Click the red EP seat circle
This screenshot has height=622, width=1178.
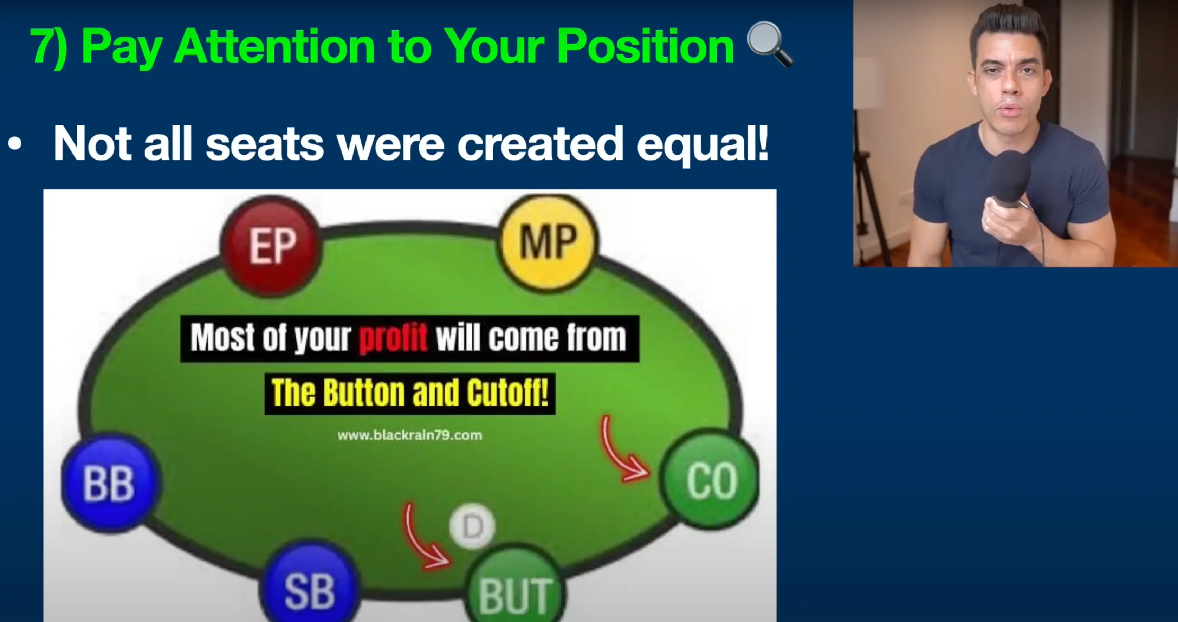271,246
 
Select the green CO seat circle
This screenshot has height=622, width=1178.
709,479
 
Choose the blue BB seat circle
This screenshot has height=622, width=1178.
111,482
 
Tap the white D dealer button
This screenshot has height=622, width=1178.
472,526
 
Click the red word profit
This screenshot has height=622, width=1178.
393,338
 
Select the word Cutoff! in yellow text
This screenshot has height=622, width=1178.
507,393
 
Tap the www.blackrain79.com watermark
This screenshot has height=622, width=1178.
410,435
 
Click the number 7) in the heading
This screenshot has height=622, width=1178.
49,47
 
